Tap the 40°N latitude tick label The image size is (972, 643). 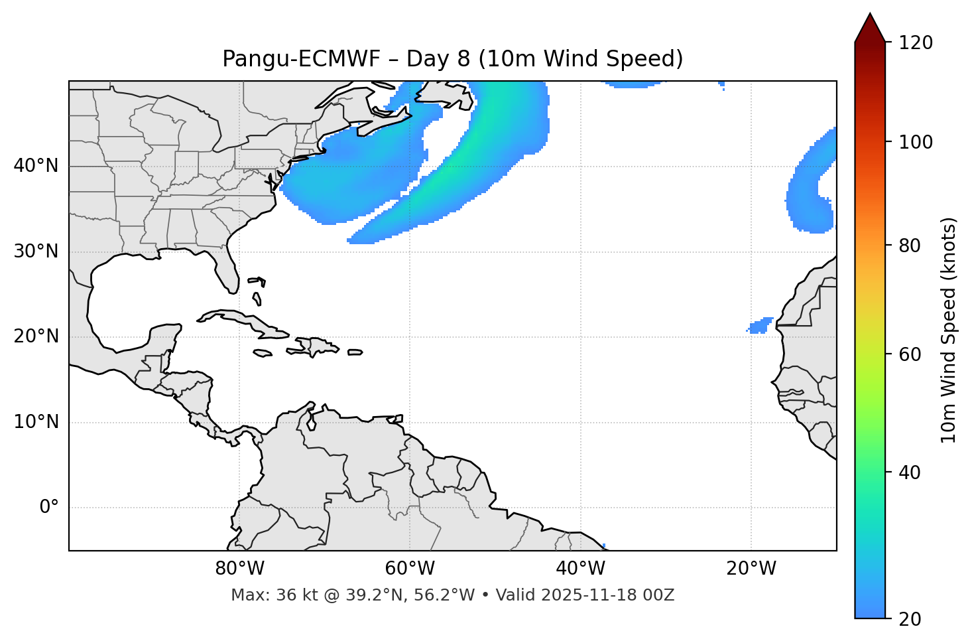pyautogui.click(x=36, y=166)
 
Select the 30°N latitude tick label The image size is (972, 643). pyautogui.click(x=36, y=251)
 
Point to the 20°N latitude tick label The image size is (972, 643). pyautogui.click(x=36, y=336)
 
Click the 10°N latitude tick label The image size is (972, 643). pyautogui.click(x=36, y=422)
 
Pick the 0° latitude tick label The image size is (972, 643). pyautogui.click(x=49, y=508)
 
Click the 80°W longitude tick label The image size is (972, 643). pyautogui.click(x=239, y=569)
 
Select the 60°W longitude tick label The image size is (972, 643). pyautogui.click(x=410, y=569)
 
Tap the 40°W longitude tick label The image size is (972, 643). pyautogui.click(x=580, y=569)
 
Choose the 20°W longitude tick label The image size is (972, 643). pyautogui.click(x=751, y=569)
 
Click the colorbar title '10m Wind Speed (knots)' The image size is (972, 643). pyautogui.click(x=949, y=330)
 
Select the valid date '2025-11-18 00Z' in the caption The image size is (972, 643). pyautogui.click(x=607, y=595)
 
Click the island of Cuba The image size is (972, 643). pyautogui.click(x=239, y=319)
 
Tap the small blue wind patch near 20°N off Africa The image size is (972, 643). pyautogui.click(x=760, y=325)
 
